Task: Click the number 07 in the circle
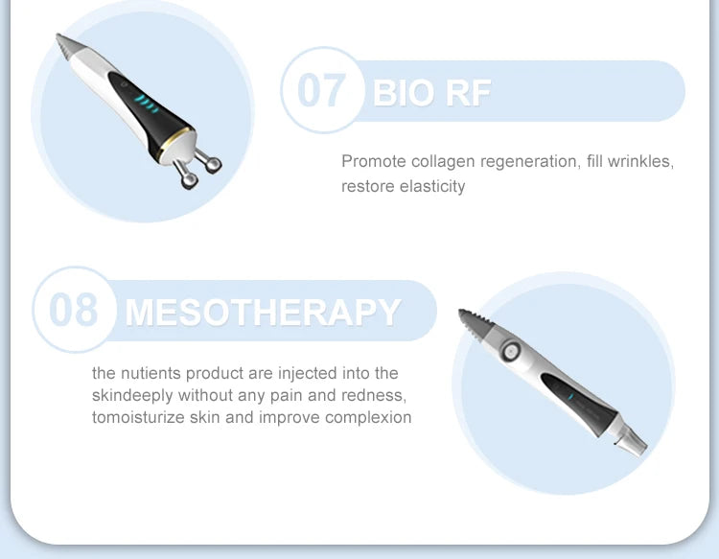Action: point(320,90)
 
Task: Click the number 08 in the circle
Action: point(73,311)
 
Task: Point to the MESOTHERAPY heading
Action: point(263,313)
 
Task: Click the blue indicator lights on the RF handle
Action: point(145,101)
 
